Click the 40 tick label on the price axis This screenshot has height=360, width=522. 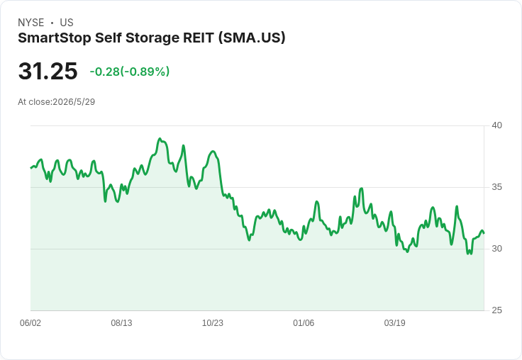tap(496, 125)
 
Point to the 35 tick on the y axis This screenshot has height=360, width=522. tap(496, 187)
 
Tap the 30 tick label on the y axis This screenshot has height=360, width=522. tap(496, 249)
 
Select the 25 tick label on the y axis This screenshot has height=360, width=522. tap(496, 310)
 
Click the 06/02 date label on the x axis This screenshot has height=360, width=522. tap(30, 323)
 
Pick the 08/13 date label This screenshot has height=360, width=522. tap(121, 323)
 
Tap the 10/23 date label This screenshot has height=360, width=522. tap(212, 323)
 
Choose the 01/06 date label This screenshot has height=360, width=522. tap(304, 323)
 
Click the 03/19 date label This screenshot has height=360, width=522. tap(394, 323)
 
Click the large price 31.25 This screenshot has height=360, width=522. tap(48, 71)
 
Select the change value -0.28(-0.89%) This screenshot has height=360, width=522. tap(130, 72)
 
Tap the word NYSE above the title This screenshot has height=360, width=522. tap(31, 23)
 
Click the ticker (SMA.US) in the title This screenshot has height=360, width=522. tap(252, 38)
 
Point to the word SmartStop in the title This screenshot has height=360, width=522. tap(55, 38)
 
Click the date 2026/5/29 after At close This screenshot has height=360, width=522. tap(74, 102)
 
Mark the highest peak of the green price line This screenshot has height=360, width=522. tap(160, 138)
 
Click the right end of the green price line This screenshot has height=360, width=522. tap(484, 233)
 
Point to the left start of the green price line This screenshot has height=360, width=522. tap(31, 168)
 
